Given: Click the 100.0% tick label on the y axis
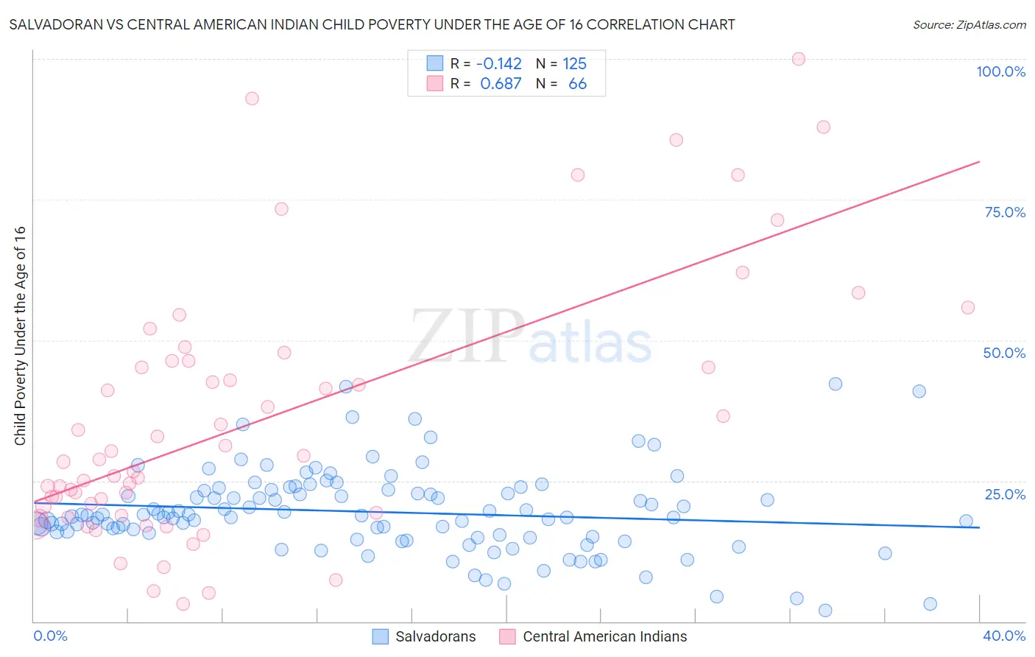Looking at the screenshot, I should coord(1000,71).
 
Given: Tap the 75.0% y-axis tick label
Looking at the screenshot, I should coord(1005,212).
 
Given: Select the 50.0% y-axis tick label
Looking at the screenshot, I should coord(1004,353).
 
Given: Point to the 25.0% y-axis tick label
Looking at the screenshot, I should coord(1005,494).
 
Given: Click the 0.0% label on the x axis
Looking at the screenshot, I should coord(50,636).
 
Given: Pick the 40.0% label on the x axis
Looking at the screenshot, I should coord(1003,636).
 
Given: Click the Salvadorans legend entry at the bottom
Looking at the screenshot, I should coord(435,636).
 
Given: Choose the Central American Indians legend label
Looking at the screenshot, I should coord(604,636).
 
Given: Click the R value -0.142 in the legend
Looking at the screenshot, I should coord(498,64).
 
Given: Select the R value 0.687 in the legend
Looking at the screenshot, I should coord(501,84).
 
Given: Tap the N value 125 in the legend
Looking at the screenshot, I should coord(574,64).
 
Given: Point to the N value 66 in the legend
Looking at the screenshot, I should coord(577,84).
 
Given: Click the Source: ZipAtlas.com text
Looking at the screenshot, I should coord(969,25).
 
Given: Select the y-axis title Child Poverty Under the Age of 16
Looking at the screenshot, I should coord(21,335).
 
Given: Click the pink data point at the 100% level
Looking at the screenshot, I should coord(799,59).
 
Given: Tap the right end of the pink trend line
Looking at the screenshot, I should coord(979,161).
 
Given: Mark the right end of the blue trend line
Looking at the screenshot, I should coord(979,527).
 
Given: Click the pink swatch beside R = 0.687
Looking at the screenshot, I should coord(435,84).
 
